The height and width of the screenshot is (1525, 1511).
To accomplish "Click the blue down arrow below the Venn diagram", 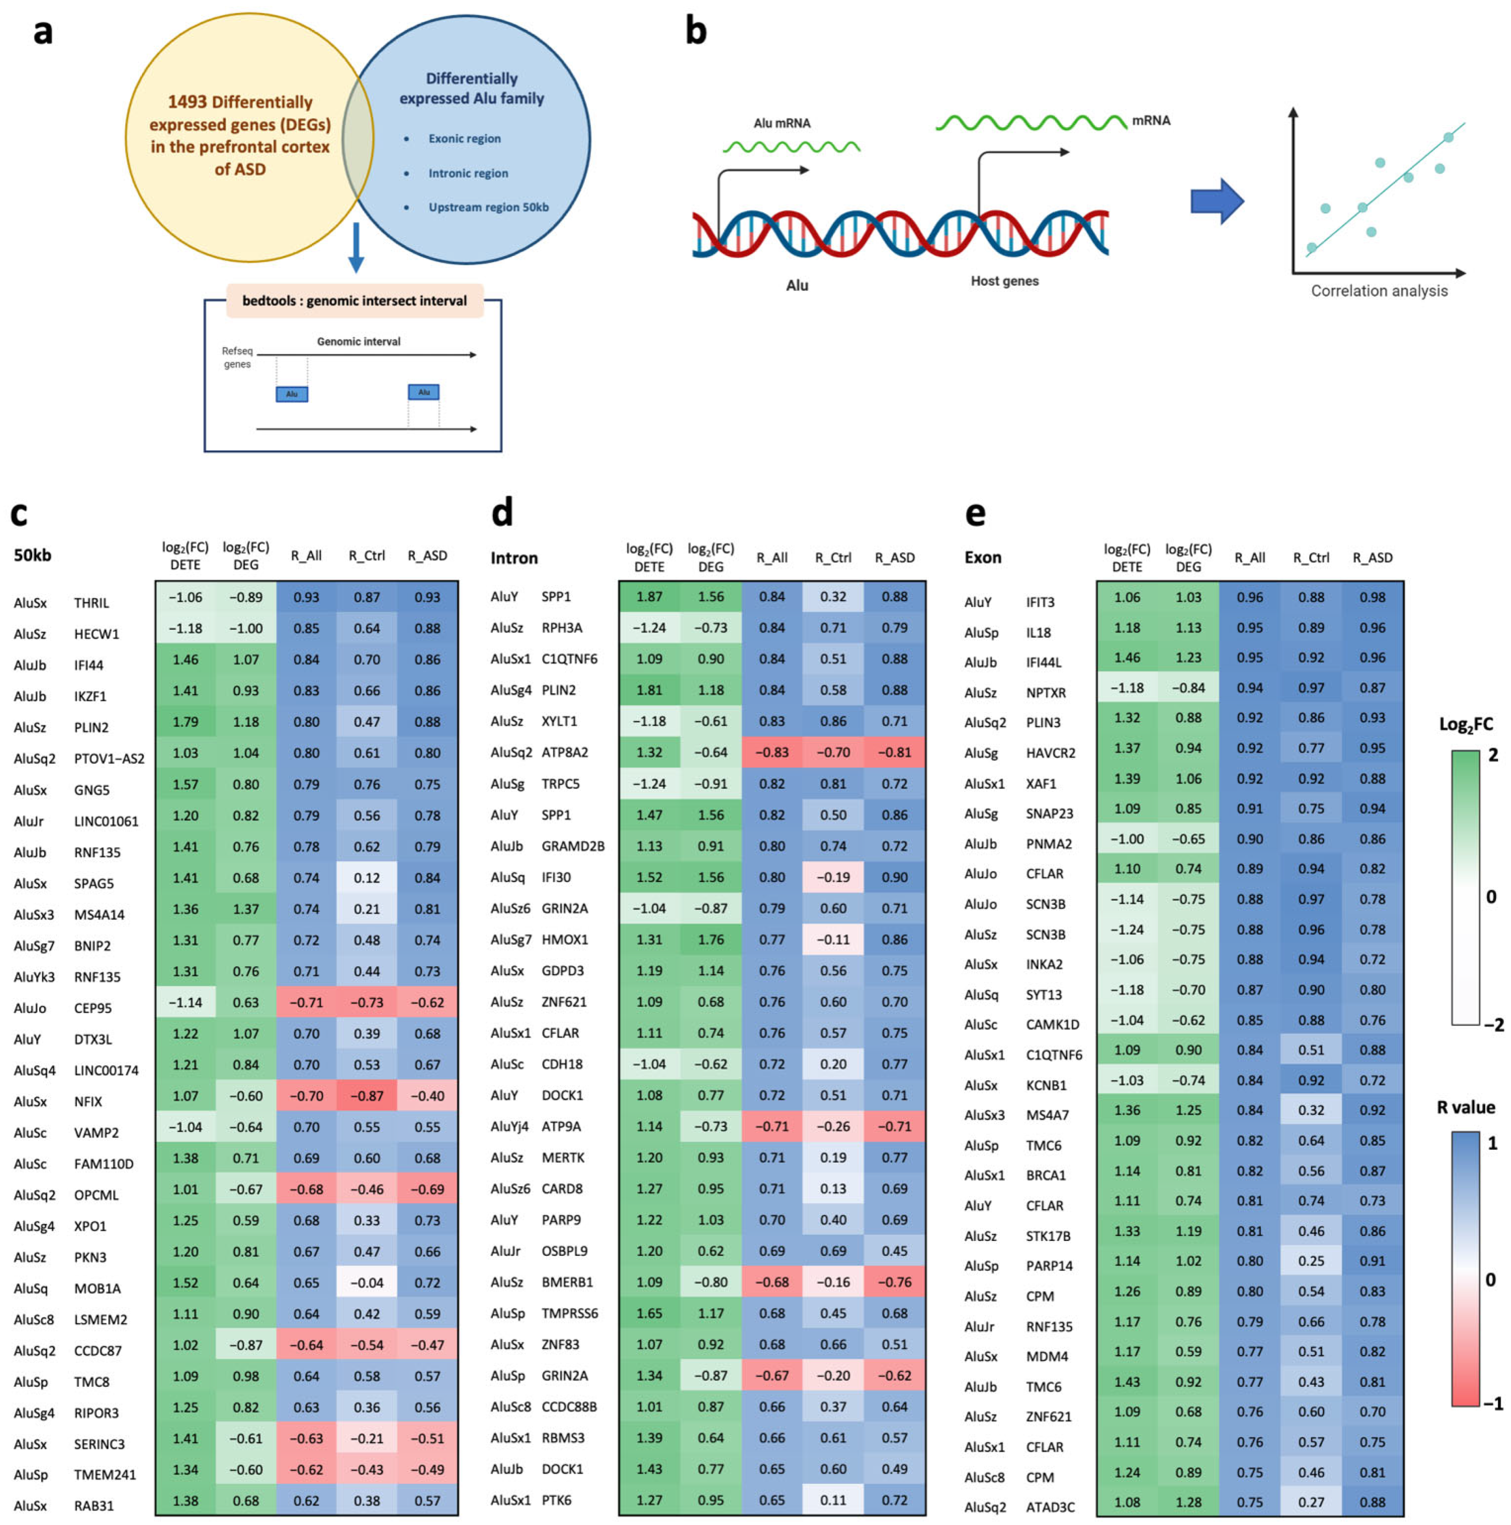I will coord(356,247).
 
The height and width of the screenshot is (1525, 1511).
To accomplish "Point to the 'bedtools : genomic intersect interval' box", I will coord(354,301).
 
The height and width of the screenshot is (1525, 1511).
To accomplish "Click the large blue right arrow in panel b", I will coord(1216,201).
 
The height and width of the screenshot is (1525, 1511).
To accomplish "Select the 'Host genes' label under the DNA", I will coord(1004,281).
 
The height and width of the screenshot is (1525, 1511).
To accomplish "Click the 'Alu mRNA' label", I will coord(781,123).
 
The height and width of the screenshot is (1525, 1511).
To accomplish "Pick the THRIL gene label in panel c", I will coord(92,603).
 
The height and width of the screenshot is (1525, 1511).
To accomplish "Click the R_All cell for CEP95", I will coord(306,1003).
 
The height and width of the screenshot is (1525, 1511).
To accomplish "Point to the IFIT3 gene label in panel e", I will coord(1039,602).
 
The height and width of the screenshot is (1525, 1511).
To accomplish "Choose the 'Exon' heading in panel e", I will coord(982,557).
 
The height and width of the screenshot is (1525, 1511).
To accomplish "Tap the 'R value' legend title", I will coord(1465,1107).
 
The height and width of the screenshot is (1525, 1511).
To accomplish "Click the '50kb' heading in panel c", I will coord(32,555).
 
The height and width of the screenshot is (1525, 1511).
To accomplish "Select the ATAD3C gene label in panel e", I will coord(1050,1507).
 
